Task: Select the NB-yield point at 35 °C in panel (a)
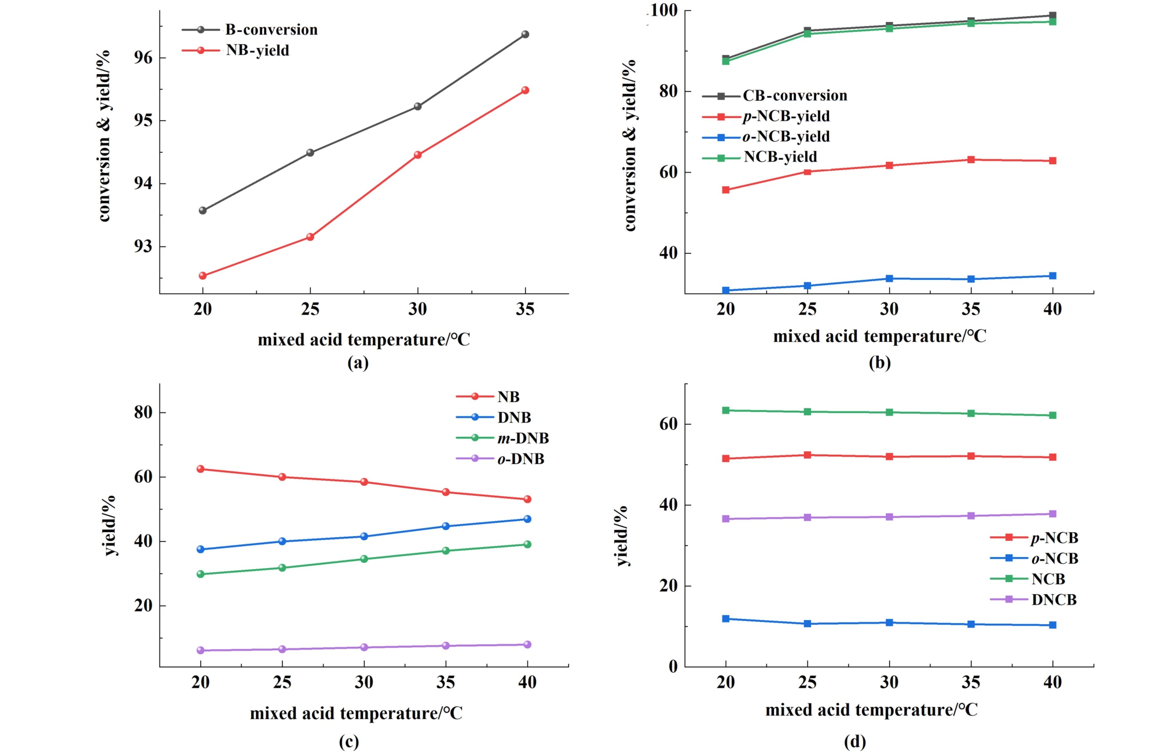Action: point(525,90)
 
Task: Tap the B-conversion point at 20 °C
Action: point(203,211)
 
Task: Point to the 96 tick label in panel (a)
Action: point(143,58)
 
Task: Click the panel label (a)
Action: point(358,363)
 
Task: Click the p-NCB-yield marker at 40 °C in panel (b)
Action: point(1052,161)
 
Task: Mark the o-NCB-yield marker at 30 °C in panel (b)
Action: point(889,279)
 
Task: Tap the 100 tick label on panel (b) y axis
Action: point(663,10)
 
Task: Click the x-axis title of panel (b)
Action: point(879,336)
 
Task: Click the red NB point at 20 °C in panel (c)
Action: point(200,469)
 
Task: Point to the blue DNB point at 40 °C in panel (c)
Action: point(527,519)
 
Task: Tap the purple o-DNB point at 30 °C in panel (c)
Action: point(364,647)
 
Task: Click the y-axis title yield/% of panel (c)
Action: point(109,525)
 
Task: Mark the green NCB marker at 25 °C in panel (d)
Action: point(808,412)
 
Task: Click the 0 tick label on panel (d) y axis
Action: point(673,666)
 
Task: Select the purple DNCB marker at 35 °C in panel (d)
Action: point(971,516)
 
